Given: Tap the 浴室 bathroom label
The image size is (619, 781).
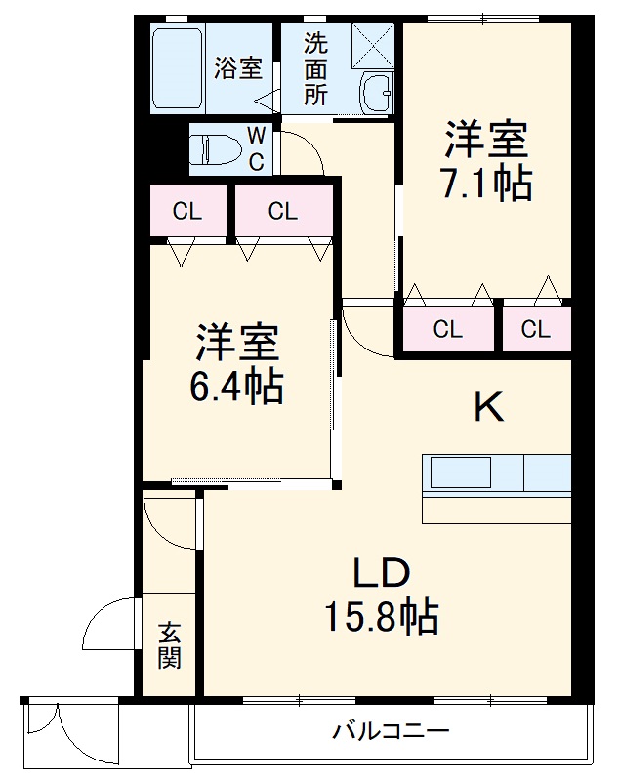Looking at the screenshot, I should click(x=238, y=68).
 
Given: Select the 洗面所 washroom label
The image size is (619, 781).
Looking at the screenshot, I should click(x=314, y=68).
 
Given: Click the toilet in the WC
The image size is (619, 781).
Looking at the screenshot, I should click(x=217, y=149).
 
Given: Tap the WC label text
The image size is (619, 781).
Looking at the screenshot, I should click(x=255, y=148).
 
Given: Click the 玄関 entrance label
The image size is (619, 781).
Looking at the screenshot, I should click(x=170, y=645).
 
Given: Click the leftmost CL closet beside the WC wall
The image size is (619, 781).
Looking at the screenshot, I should click(x=186, y=211).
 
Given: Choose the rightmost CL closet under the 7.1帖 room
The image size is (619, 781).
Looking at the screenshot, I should click(x=535, y=330).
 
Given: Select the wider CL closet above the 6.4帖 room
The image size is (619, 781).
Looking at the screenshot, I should click(x=282, y=211).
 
